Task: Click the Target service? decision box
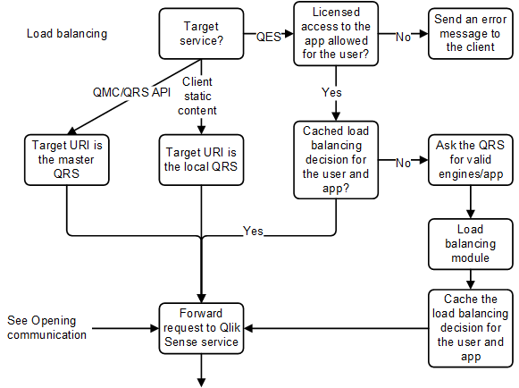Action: tap(201, 34)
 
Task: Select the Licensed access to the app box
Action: tap(336, 34)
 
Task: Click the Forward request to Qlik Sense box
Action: tap(201, 327)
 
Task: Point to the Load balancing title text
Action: tap(67, 34)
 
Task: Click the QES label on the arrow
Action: tap(268, 37)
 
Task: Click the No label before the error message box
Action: tap(403, 37)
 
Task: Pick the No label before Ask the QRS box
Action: tap(403, 163)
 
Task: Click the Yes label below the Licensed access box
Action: tap(332, 91)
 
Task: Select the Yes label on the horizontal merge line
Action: tap(253, 231)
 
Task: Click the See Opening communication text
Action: tap(46, 327)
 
